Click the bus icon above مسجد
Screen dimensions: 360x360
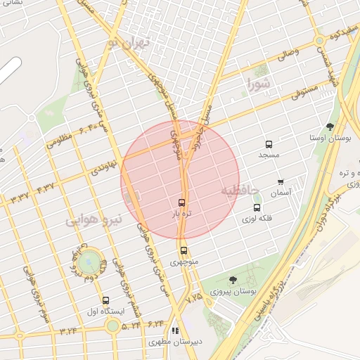coord(269,144)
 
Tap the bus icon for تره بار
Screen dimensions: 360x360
coord(183,202)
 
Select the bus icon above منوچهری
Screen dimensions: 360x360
coord(184,250)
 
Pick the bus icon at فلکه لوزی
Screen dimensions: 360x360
coord(256,208)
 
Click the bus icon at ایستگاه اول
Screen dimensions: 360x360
coord(105,300)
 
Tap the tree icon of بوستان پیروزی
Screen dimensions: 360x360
coord(233,280)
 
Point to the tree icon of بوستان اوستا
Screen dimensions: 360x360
coord(330,127)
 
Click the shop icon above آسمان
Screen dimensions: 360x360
coord(281,182)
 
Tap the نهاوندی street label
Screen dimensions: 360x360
coord(103,169)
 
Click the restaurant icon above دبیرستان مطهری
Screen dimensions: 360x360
coord(176,330)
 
